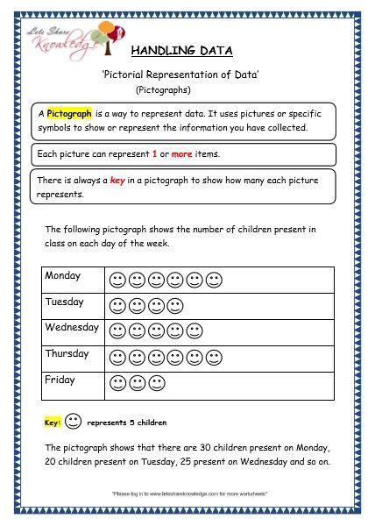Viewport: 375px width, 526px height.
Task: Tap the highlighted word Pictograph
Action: point(71,115)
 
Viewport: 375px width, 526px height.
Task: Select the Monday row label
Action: point(63,275)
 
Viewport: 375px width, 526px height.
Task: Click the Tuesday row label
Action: point(65,302)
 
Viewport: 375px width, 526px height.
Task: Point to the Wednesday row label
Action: point(72,328)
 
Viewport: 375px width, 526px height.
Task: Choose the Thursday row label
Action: point(67,354)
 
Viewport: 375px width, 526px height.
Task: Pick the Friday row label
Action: point(60,380)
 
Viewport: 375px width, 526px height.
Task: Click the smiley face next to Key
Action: point(74,422)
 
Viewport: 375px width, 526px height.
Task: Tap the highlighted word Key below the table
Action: point(52,423)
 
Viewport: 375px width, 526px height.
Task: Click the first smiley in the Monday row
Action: point(117,281)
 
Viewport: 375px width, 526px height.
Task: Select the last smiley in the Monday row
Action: point(214,281)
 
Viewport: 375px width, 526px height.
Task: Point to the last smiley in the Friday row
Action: point(156,383)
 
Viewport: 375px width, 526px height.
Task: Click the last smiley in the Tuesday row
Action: point(175,306)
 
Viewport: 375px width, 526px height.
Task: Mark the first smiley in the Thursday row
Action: point(117,358)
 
